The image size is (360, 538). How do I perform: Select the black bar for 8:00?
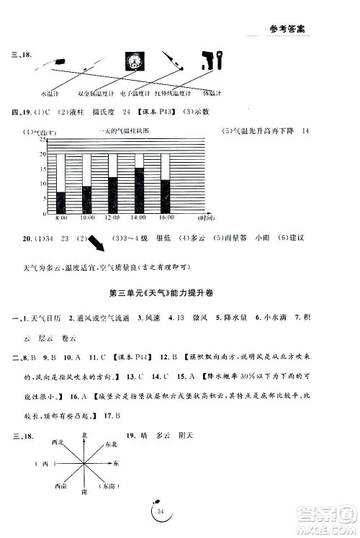coord(61,203)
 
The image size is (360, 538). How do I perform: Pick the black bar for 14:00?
coord(140,191)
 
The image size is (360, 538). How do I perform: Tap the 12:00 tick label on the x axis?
coord(113,218)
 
